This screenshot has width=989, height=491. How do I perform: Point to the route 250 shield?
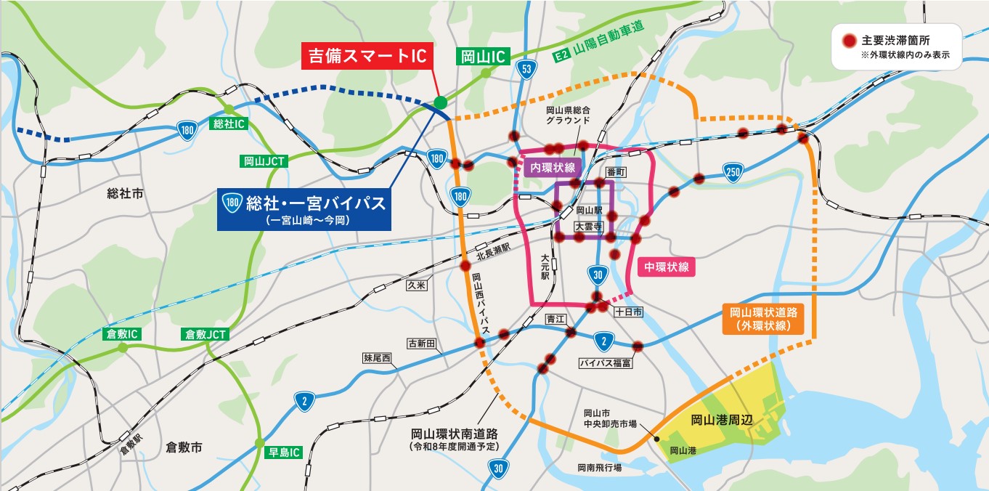pos(733,171)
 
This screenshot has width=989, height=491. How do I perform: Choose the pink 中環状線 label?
pos(666,267)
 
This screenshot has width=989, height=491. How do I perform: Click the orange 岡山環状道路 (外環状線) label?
pos(763,319)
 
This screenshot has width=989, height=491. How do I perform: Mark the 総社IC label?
pos(229,124)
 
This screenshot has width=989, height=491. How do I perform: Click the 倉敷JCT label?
pos(206,334)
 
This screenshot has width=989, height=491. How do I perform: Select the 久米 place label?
pos(417,285)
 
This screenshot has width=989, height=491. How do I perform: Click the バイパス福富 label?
pos(604,362)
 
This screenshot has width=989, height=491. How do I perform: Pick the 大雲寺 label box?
pos(588,227)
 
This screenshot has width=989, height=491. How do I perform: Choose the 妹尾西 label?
pos(377,358)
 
